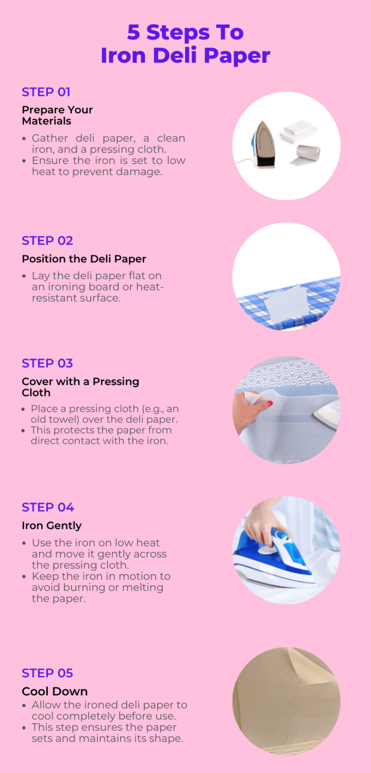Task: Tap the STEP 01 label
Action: coord(46,92)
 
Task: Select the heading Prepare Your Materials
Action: coord(57,115)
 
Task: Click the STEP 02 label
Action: coord(47,241)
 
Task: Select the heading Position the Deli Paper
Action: coord(83,259)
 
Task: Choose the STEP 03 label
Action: coord(47,363)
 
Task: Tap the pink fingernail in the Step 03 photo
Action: coord(269,403)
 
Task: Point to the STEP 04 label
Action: coord(48,507)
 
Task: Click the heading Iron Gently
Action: coord(51,526)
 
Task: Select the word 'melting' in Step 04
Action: coord(143,587)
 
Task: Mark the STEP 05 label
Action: coord(47,673)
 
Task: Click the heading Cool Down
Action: coord(54,691)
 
